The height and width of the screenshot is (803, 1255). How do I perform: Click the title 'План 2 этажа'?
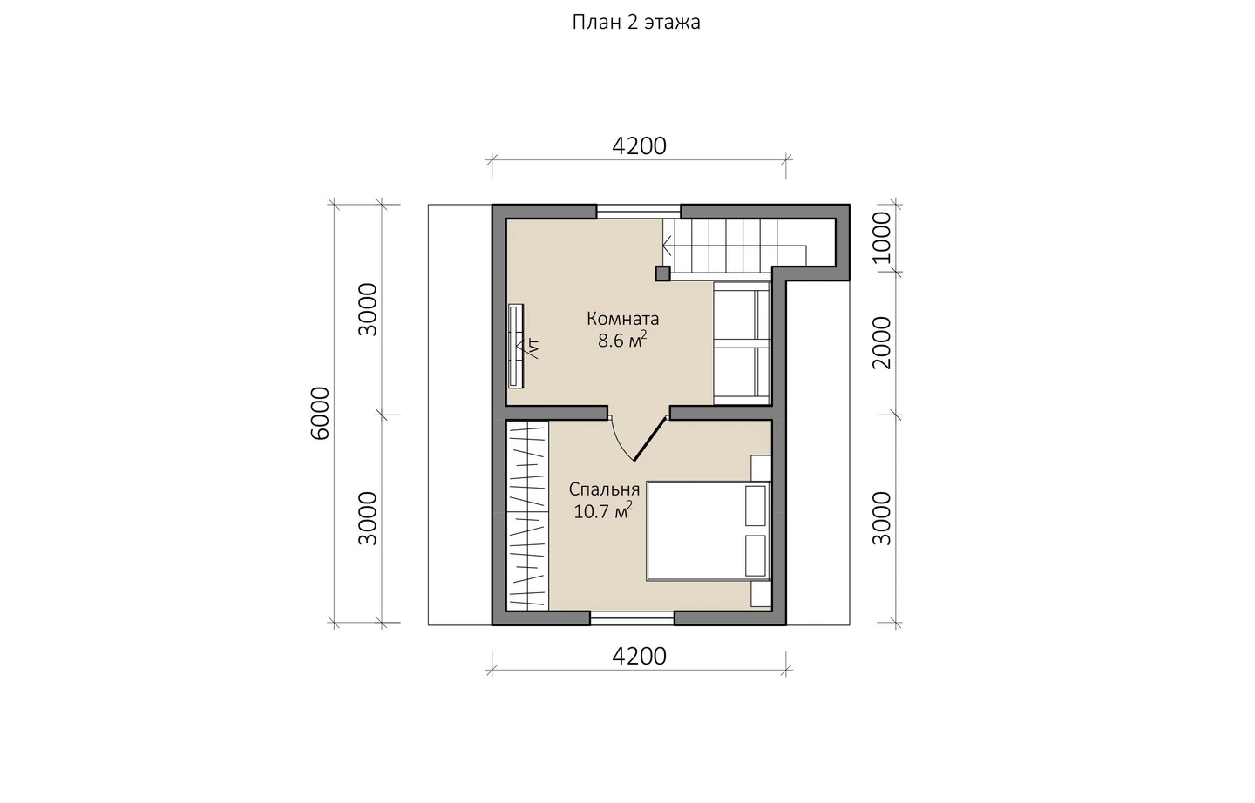coord(636,23)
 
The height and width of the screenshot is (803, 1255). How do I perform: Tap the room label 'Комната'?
coord(622,319)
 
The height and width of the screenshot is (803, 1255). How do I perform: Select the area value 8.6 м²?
coord(622,340)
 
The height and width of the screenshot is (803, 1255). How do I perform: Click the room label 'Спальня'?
coord(604,489)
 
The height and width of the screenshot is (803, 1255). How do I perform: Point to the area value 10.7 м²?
coord(603,510)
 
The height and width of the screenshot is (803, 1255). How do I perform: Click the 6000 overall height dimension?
coord(321,414)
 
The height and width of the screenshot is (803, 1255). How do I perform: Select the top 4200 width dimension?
coord(639,146)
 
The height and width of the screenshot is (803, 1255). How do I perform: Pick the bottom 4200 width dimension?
coord(639,657)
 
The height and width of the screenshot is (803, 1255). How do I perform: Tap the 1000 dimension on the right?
coord(881,238)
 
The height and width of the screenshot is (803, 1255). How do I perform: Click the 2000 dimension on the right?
coord(881,342)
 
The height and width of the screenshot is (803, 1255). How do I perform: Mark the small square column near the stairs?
coord(662,273)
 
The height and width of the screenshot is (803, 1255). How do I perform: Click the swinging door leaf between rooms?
coord(650,439)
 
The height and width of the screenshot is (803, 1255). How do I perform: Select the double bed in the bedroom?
coord(709,531)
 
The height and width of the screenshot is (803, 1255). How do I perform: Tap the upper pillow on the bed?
coord(756,506)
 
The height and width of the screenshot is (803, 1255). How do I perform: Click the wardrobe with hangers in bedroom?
coord(527,516)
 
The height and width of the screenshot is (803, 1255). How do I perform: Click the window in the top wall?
coord(638,212)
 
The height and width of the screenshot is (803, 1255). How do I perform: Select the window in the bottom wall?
coord(632,618)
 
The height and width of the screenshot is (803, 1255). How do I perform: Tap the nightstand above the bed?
coord(762,468)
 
